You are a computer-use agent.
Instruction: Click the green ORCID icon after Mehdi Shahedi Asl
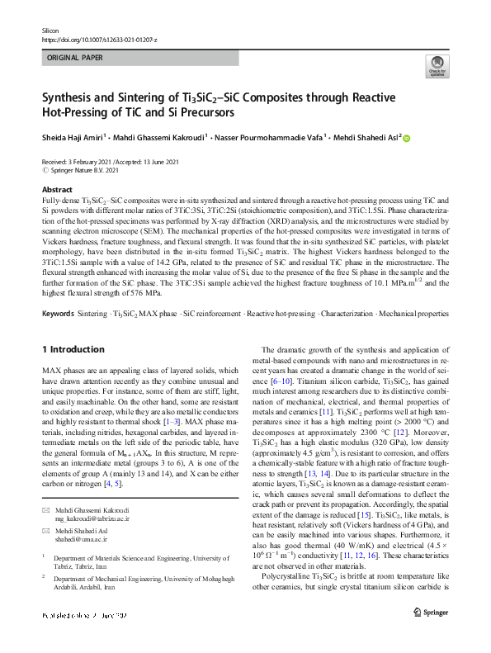click(406, 139)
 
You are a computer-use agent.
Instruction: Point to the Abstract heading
click(55, 190)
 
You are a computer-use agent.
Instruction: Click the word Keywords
click(58, 314)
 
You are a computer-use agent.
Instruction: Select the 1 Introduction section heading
click(73, 349)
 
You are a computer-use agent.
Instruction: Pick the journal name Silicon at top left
click(51, 30)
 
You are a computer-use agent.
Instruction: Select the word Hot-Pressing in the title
click(78, 112)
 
